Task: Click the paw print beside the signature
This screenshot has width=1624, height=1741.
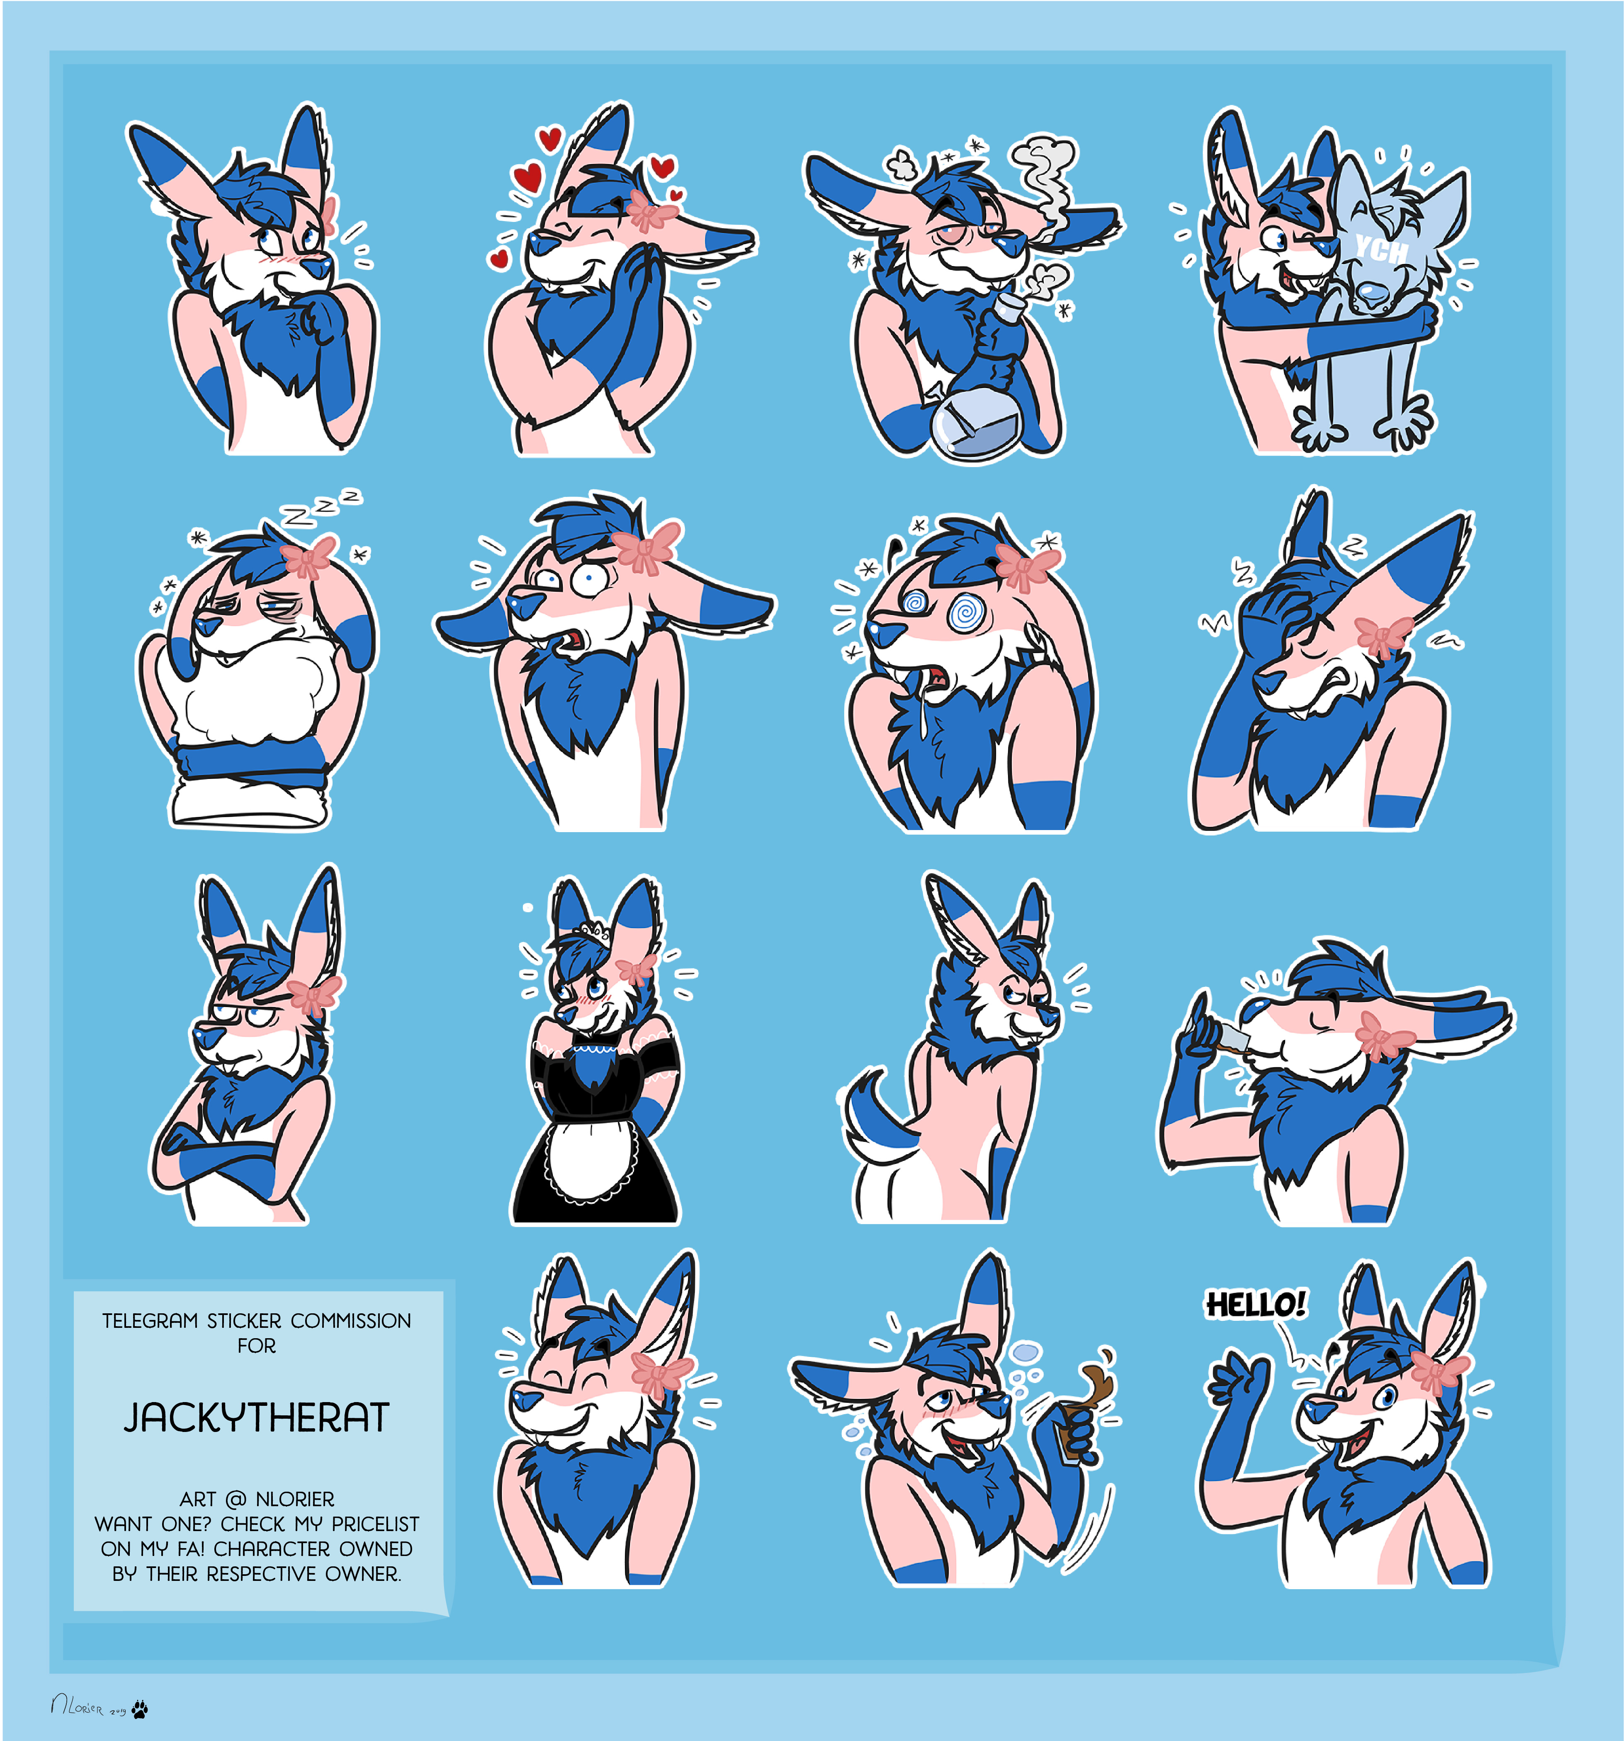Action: (x=139, y=1708)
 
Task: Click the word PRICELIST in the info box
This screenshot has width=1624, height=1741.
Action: (x=375, y=1524)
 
